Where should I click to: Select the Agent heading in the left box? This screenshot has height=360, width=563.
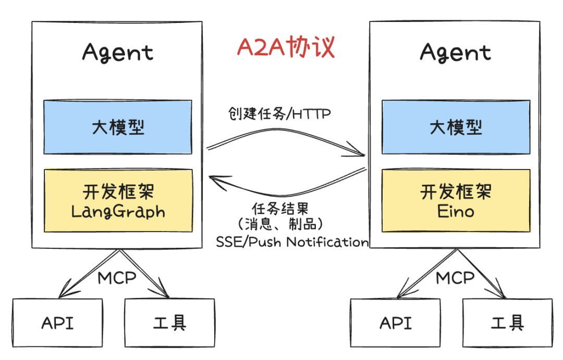point(118,53)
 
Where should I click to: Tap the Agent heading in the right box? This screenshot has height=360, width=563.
point(456,53)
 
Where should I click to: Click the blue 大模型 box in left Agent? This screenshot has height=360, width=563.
point(118,127)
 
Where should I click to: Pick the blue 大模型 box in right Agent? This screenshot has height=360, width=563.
point(456,127)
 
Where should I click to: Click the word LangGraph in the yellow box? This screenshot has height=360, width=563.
point(118,211)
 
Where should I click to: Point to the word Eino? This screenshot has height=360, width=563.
point(456,211)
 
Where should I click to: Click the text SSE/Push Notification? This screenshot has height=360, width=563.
point(292,242)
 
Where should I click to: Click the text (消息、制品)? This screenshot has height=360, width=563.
point(279,225)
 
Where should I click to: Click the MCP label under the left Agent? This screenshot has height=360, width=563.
point(117,277)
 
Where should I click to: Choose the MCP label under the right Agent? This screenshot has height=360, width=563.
point(455,277)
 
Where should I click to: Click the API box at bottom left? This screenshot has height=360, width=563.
point(57,323)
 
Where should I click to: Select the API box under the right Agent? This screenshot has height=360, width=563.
point(396,323)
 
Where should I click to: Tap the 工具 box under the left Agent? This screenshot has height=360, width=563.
point(169,323)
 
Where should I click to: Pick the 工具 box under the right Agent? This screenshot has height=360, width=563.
point(507,323)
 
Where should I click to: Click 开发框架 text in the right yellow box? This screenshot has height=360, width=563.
point(456,192)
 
